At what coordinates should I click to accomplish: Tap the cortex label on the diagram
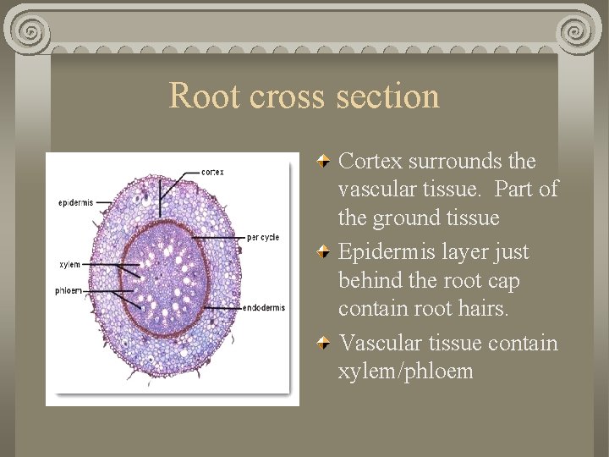point(213,172)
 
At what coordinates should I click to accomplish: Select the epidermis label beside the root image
point(76,202)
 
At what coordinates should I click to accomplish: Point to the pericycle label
point(262,237)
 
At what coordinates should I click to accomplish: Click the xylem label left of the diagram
point(70,265)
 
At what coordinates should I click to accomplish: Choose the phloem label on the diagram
point(69,290)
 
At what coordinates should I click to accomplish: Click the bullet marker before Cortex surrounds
point(324,161)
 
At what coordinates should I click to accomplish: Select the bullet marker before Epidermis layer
point(324,252)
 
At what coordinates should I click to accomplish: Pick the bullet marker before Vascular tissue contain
point(324,344)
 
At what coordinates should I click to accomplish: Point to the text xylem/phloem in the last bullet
point(405,372)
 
